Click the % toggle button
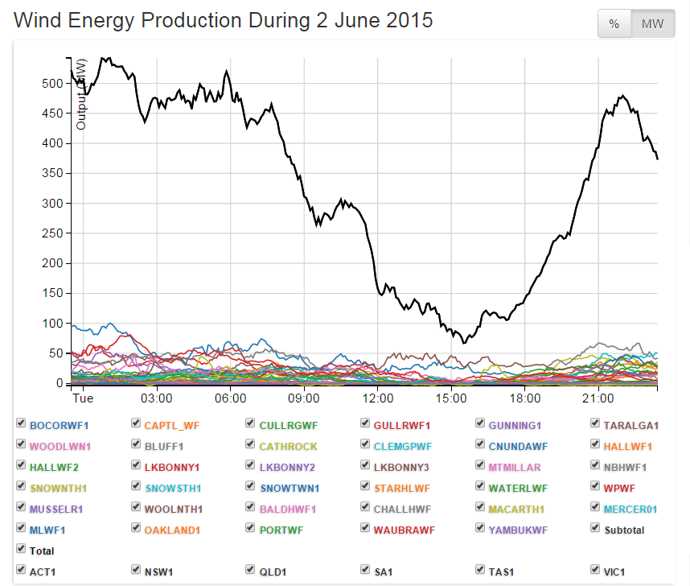[614, 24]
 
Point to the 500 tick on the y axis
[52, 84]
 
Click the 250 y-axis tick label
[52, 204]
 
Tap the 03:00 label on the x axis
[156, 398]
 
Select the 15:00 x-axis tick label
[451, 398]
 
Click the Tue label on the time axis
[83, 398]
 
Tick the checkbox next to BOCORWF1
[21, 423]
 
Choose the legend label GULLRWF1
[401, 425]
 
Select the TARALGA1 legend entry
[631, 425]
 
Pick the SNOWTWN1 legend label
[290, 488]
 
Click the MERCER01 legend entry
[630, 509]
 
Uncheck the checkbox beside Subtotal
[595, 528]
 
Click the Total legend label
[42, 551]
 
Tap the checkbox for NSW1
[136, 570]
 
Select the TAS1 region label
[502, 572]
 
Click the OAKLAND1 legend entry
[172, 530]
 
